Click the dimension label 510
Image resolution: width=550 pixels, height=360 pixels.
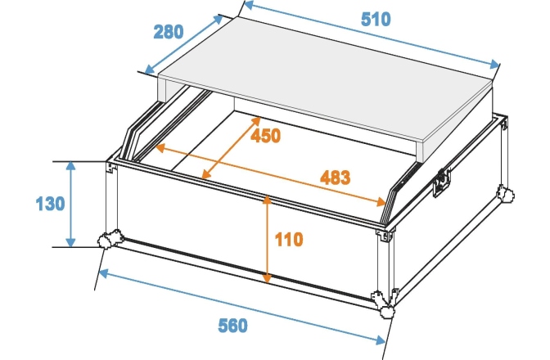(x=376, y=20)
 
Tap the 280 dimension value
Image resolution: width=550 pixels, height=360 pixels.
(x=169, y=32)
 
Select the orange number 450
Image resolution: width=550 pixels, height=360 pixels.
(x=265, y=136)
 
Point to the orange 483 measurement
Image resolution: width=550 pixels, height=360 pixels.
(x=335, y=178)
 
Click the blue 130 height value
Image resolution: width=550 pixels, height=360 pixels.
(x=50, y=204)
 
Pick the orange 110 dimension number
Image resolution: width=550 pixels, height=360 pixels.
(x=289, y=240)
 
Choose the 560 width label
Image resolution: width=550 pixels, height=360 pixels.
(x=232, y=326)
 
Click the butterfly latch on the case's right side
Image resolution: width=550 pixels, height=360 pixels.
(x=441, y=182)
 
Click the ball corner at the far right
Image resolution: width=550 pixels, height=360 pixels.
(x=505, y=194)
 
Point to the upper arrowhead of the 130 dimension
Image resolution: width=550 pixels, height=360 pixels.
(x=71, y=166)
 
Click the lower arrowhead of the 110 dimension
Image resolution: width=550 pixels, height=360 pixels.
(x=268, y=278)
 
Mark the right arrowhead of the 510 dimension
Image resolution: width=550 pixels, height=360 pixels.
(x=494, y=64)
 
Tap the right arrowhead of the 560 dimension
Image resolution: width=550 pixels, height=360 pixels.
(x=381, y=340)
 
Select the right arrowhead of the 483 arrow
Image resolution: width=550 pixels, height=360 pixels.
(x=381, y=201)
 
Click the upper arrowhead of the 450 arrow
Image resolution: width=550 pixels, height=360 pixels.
(x=256, y=121)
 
